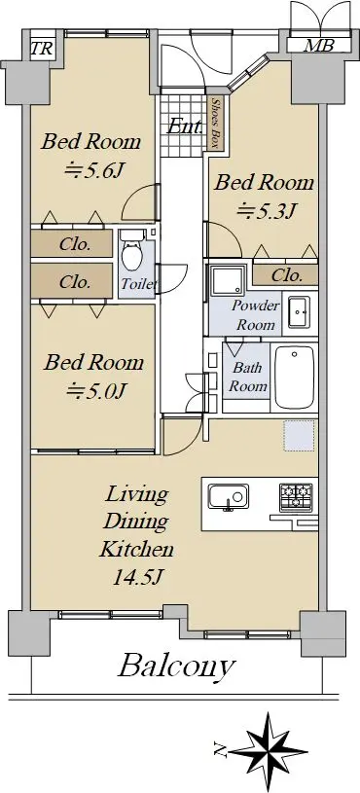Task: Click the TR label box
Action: pyautogui.click(x=41, y=49)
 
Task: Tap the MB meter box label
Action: pyautogui.click(x=318, y=45)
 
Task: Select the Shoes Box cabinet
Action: pyautogui.click(x=214, y=122)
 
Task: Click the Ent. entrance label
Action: pyautogui.click(x=185, y=126)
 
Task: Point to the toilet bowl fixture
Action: pyautogui.click(x=132, y=250)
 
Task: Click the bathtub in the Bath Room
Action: pyautogui.click(x=294, y=378)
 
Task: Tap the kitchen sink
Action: pyautogui.click(x=229, y=496)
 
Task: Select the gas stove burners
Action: pyautogui.click(x=297, y=496)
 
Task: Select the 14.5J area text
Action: pyautogui.click(x=137, y=577)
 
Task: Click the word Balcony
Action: pyautogui.click(x=176, y=667)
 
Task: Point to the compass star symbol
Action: pyautogui.click(x=269, y=750)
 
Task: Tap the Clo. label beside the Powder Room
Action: pyautogui.click(x=287, y=275)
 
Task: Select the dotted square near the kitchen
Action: pyautogui.click(x=300, y=436)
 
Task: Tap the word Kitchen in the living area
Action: pyautogui.click(x=136, y=549)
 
